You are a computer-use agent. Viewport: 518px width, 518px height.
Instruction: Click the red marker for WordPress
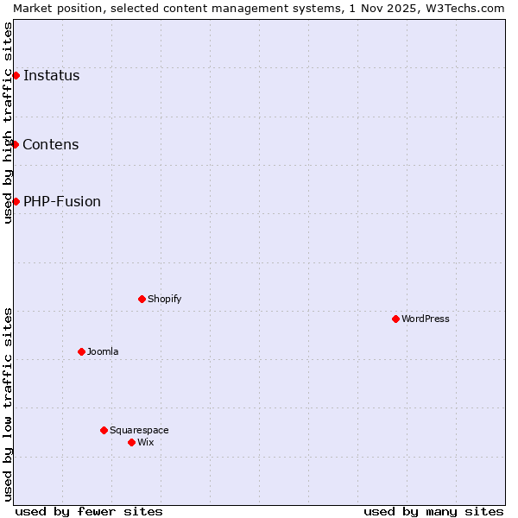point(395,319)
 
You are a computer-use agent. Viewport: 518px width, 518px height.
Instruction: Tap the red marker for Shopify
point(142,299)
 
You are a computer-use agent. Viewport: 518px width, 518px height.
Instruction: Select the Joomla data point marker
point(81,351)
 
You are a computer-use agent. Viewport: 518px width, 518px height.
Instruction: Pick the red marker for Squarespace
point(104,430)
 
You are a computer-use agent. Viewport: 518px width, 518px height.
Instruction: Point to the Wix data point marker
point(131,442)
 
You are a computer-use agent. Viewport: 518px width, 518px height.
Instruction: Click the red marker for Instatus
point(16,75)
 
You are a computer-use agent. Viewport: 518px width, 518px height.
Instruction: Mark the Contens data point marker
point(15,144)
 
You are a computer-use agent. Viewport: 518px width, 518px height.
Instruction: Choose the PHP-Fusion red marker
point(16,201)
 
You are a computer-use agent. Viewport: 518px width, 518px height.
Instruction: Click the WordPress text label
point(426,319)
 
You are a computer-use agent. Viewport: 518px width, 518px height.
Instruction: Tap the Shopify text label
point(165,299)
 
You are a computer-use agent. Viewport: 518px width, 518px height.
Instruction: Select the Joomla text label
point(103,351)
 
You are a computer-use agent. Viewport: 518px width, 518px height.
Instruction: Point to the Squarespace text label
point(139,430)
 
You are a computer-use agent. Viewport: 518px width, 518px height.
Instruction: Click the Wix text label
point(146,442)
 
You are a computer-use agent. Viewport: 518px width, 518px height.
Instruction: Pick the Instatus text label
point(52,75)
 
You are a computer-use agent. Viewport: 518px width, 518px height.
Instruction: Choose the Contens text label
point(51,144)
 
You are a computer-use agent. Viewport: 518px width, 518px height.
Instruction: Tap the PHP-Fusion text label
point(62,201)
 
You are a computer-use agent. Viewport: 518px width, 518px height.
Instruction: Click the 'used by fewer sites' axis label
point(89,511)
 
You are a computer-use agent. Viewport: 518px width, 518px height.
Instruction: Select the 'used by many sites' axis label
point(433,511)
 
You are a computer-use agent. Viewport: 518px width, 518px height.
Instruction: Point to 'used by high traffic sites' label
point(8,123)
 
